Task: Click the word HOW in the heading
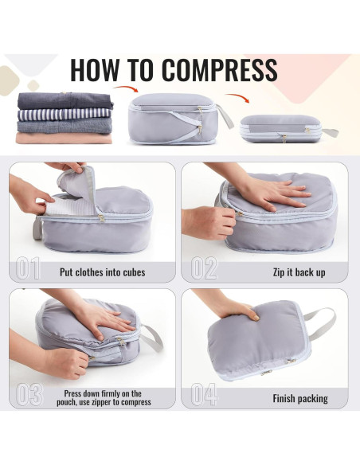click(95, 70)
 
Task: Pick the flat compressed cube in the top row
click(280, 128)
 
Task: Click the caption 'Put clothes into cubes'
click(103, 272)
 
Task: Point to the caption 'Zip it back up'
click(299, 272)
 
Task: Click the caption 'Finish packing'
click(300, 398)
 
